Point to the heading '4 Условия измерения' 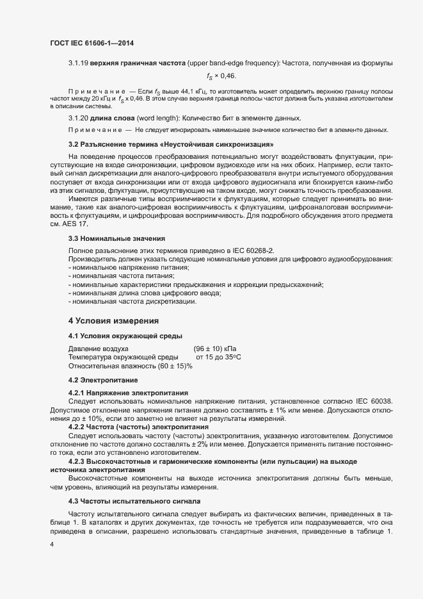[113, 320]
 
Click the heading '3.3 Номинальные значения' [112, 238]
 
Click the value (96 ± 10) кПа [215, 348]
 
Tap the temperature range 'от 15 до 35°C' [218, 357]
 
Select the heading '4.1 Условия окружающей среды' [125, 336]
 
